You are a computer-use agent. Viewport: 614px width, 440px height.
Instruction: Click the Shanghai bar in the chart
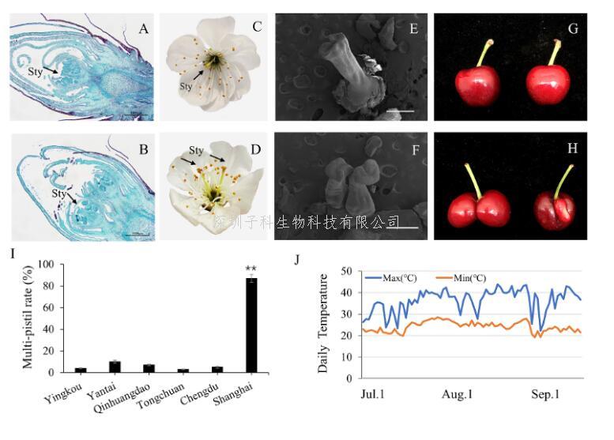(x=250, y=325)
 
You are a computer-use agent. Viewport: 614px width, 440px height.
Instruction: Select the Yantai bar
(x=115, y=367)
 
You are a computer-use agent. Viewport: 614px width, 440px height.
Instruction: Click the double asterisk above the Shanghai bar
(x=251, y=270)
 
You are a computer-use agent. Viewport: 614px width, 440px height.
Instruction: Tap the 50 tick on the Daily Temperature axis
(x=345, y=272)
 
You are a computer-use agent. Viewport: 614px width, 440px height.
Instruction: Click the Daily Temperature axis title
(x=323, y=325)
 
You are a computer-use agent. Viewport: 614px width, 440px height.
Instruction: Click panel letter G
(x=574, y=29)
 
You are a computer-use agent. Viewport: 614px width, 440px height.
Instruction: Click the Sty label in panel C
(x=186, y=85)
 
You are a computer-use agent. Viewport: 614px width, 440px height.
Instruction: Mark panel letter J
(x=297, y=258)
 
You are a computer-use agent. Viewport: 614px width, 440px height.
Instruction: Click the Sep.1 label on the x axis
(x=542, y=394)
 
